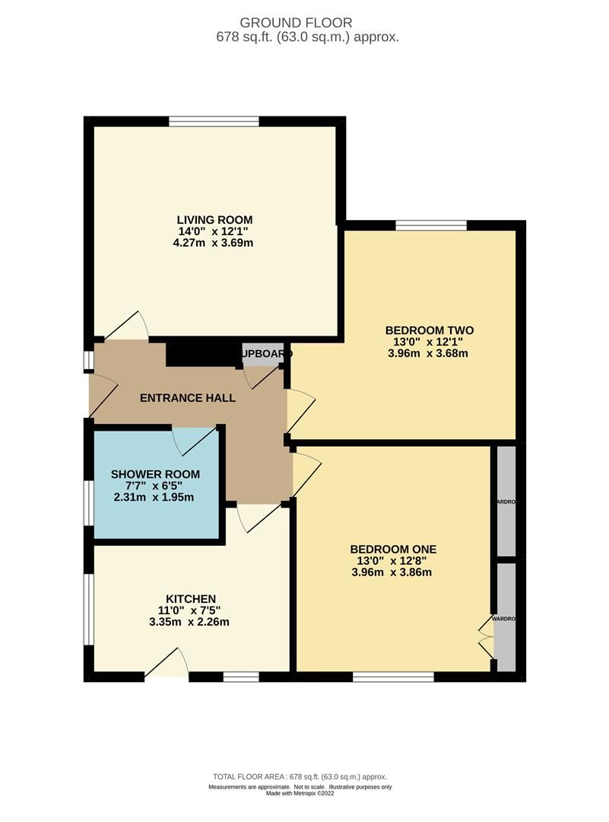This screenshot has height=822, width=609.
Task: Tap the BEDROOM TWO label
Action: coord(430,330)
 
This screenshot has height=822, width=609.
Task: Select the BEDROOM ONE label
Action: coord(393,549)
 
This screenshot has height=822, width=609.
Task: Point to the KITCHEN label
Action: coord(192,598)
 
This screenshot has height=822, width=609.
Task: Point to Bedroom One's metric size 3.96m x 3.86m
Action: coord(393,572)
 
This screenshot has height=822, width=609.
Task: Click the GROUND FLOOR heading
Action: coord(304,23)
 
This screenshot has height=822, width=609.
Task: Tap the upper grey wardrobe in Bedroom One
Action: coord(506,502)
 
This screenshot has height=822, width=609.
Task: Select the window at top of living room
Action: coord(214,120)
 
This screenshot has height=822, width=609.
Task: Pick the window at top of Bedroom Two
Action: coord(431,224)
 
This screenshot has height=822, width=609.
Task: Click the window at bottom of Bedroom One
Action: coord(393,676)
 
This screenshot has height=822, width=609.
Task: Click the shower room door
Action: coord(196,440)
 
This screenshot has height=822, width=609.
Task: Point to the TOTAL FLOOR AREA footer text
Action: coord(304,776)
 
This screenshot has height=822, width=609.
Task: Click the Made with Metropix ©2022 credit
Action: coord(304,794)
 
